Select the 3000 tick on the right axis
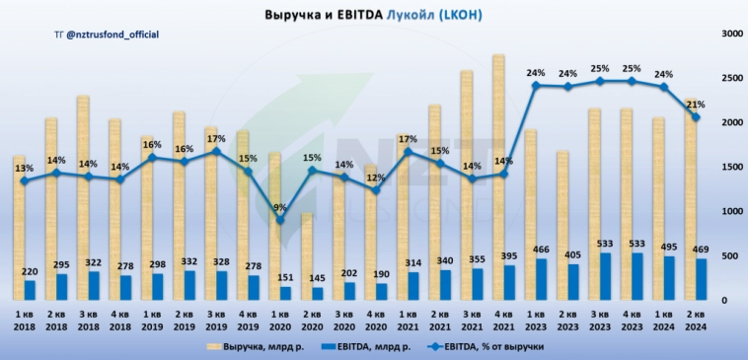click(x=731, y=34)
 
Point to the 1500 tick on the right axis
click(x=731, y=167)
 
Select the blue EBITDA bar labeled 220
click(x=31, y=289)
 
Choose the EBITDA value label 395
click(x=501, y=255)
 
